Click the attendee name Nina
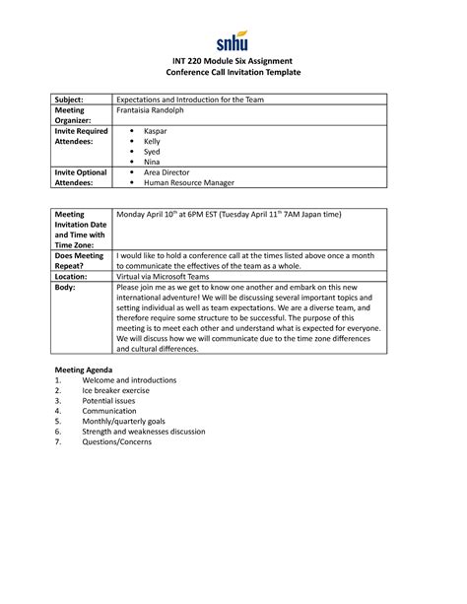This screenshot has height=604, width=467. [x=154, y=163]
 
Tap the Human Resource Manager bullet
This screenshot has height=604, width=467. [x=188, y=183]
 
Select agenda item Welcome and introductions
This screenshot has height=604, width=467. [x=129, y=379]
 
